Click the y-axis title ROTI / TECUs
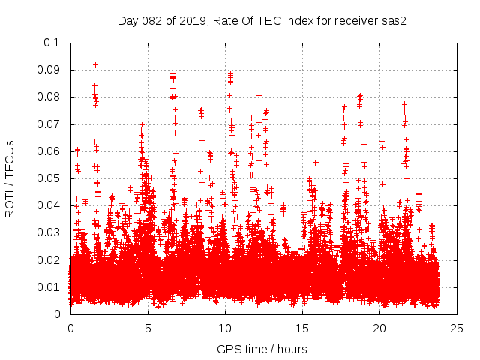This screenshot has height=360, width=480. tap(10, 178)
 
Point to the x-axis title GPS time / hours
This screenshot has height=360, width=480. tap(262, 349)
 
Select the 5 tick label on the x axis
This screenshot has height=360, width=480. tap(148, 328)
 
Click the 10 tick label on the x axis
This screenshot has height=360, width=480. tap(225, 328)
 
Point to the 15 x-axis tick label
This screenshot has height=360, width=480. tap(302, 328)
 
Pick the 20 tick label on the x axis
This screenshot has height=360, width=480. tap(379, 328)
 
